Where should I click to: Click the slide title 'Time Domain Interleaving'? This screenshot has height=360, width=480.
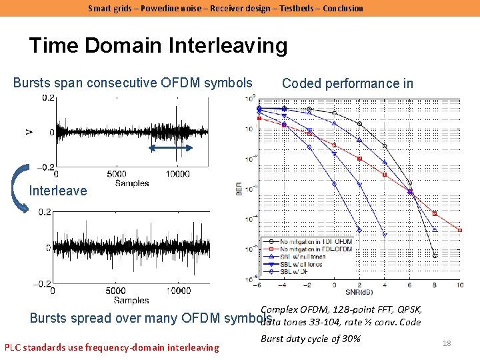(158, 46)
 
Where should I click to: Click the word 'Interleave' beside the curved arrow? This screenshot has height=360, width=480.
(58, 191)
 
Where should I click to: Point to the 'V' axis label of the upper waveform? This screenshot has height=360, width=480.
(28, 133)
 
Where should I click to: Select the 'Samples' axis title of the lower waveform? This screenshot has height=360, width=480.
(131, 301)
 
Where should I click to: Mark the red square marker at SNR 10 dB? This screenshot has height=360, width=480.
(460, 231)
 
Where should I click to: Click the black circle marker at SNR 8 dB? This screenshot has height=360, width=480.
(435, 255)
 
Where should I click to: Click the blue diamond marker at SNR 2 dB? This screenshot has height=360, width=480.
(359, 230)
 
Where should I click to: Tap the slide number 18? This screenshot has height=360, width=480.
(447, 343)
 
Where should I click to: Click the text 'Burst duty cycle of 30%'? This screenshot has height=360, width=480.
(310, 339)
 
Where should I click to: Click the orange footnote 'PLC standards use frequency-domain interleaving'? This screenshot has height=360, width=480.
(111, 347)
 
